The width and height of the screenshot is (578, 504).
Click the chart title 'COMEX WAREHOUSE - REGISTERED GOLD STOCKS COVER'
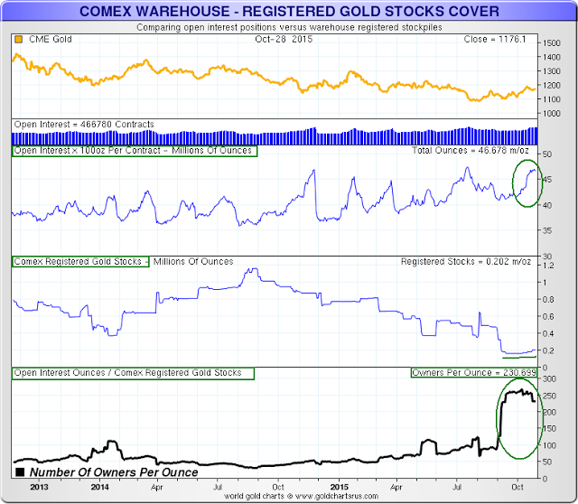click(x=289, y=12)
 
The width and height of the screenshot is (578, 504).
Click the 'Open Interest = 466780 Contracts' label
click(x=83, y=124)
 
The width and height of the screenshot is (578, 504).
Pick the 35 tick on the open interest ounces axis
click(x=546, y=231)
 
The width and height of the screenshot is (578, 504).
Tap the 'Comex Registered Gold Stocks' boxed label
click(x=79, y=261)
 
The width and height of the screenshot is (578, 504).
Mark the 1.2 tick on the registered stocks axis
click(x=547, y=265)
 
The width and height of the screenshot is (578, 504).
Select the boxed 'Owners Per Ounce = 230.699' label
click(x=473, y=372)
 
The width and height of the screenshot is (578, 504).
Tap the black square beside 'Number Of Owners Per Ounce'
click(x=21, y=471)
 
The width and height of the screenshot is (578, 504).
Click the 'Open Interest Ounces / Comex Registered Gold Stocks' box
click(x=133, y=372)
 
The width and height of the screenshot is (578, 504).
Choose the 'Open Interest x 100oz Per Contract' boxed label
click(x=134, y=150)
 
